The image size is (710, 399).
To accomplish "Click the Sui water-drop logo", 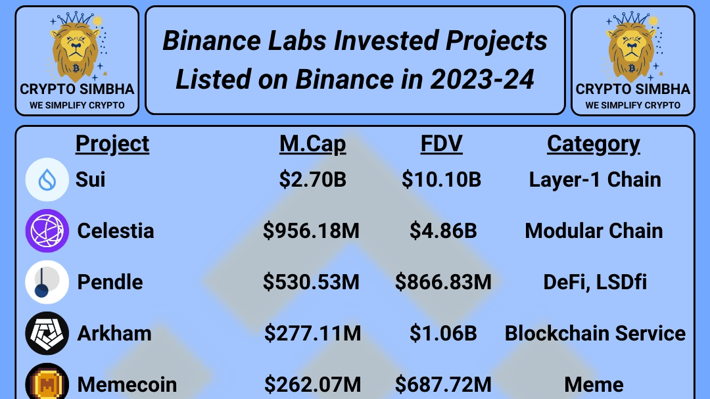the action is pos(47,180).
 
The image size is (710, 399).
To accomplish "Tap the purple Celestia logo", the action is pos(47,231).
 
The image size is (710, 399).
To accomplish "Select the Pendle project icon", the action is pos(47,282).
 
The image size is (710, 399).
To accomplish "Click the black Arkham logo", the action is pos(47,333).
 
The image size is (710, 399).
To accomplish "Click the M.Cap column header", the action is pos(312,145).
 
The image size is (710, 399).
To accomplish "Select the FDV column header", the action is pos(442,144).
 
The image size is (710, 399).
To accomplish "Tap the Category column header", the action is pos(594,145).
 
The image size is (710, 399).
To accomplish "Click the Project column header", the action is pos(112,145).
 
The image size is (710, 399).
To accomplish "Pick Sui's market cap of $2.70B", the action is pos(312,179).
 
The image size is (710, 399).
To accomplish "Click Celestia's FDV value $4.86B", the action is pos(443,231).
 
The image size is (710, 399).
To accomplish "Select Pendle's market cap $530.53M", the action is pos(311,282).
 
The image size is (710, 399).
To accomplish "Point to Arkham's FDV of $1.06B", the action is pos(443,333).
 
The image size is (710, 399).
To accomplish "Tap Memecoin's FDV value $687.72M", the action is pos(443,385).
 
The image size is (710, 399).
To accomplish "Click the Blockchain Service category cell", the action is pos(595,333).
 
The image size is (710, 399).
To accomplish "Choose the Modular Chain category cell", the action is pos(594,231).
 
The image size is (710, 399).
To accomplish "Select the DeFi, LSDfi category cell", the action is pos(595,282).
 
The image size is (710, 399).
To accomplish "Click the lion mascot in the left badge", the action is pos(76,47).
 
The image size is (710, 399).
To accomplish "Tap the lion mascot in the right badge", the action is pos(632,47).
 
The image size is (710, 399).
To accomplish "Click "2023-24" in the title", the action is pos(483,80).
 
